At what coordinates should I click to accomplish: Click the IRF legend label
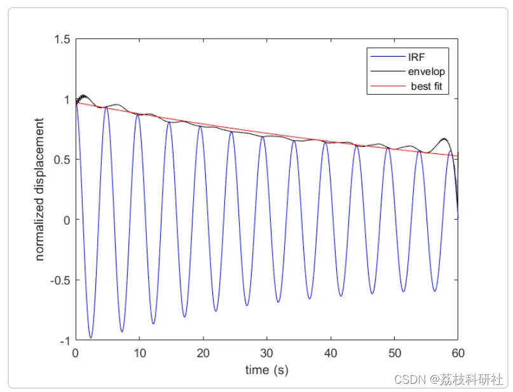click(x=416, y=57)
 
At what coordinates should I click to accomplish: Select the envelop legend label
click(x=427, y=71)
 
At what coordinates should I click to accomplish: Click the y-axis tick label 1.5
click(x=61, y=39)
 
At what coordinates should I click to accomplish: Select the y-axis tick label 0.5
click(x=61, y=160)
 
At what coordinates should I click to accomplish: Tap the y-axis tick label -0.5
click(x=59, y=281)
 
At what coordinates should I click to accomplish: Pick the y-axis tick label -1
click(x=65, y=341)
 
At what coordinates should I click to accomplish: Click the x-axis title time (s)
click(x=267, y=369)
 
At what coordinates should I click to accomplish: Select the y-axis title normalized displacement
click(x=40, y=189)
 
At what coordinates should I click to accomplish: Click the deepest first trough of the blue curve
click(x=91, y=337)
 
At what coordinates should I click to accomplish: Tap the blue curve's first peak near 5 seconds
click(x=106, y=108)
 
